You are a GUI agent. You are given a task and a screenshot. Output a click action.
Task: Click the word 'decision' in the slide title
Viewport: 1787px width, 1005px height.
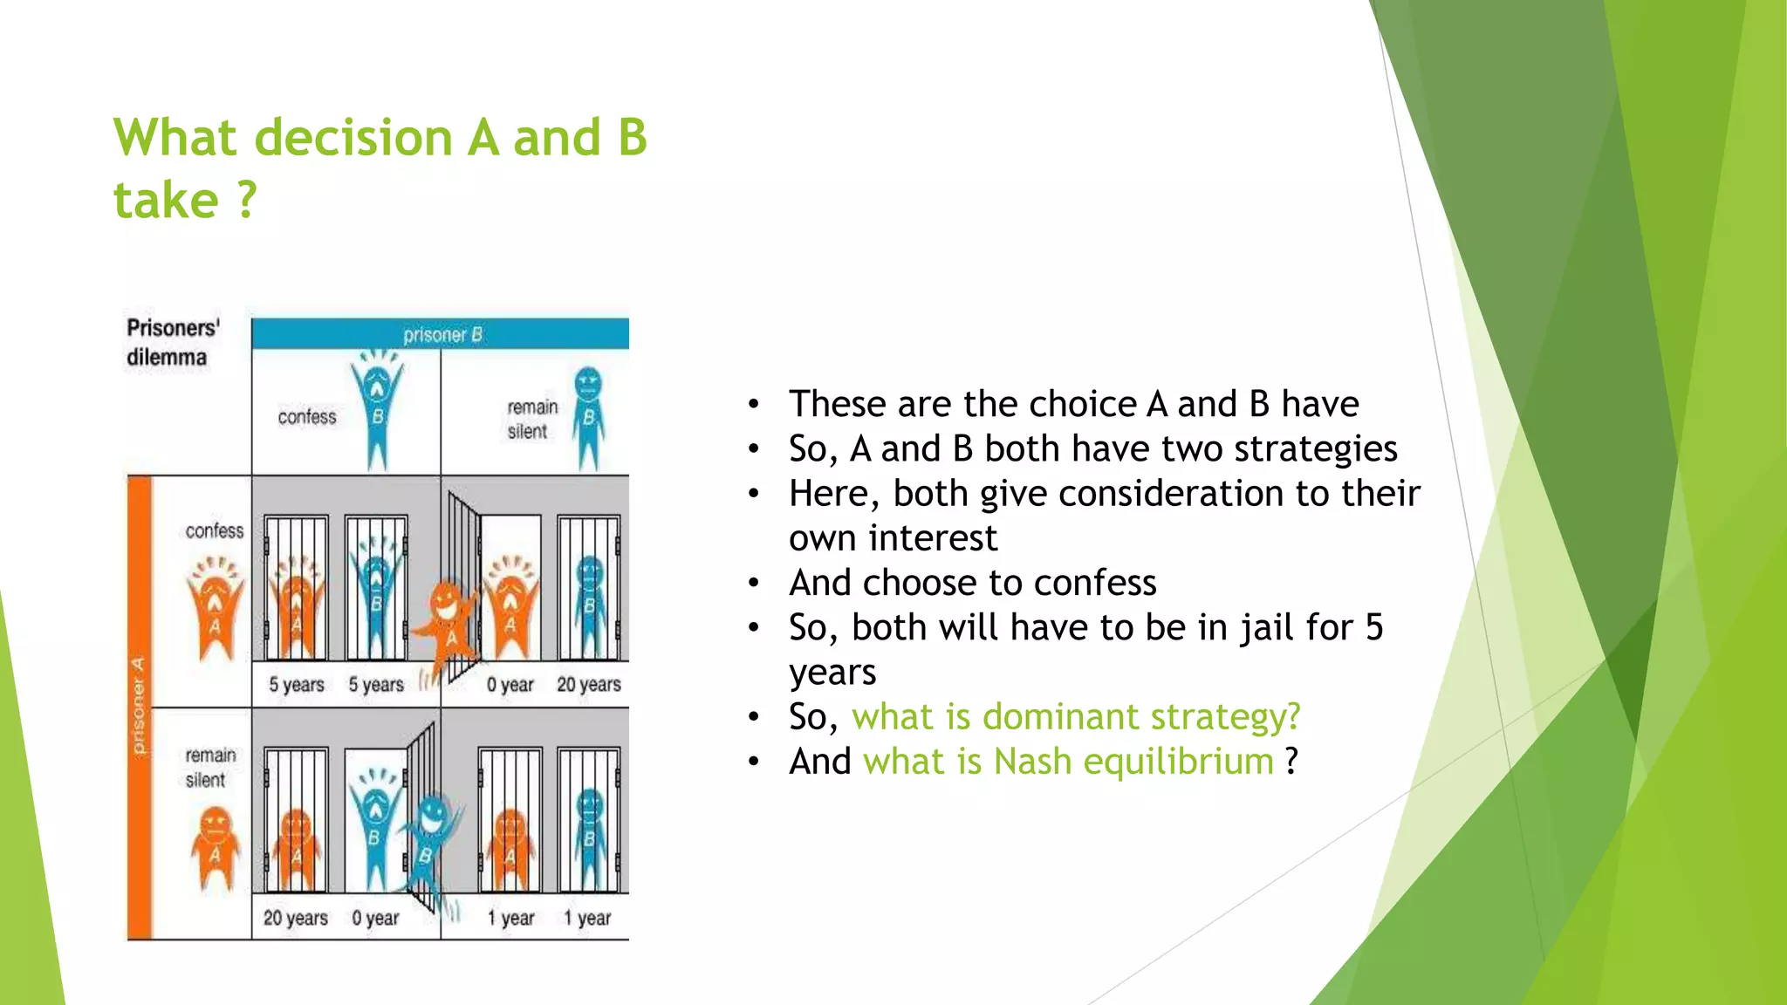click(x=353, y=138)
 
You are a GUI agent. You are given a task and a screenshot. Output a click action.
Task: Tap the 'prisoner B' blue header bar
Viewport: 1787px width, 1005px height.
click(x=441, y=334)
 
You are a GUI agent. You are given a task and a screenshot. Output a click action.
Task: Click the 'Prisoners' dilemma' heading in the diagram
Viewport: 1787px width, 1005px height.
click(x=172, y=342)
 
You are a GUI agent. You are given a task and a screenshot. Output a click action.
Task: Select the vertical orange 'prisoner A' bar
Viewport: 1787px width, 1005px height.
click(x=140, y=707)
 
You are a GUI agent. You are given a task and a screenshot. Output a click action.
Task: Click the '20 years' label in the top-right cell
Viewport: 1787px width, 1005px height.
click(x=588, y=685)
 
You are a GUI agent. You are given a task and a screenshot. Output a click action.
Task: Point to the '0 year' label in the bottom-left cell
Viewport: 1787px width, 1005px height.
click(x=375, y=918)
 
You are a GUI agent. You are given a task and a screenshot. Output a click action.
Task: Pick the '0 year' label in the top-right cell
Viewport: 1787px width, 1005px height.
click(x=510, y=685)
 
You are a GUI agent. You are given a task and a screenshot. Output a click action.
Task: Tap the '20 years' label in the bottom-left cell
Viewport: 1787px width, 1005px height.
click(x=295, y=918)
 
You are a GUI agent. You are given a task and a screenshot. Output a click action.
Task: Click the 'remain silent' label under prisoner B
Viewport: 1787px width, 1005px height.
click(x=531, y=419)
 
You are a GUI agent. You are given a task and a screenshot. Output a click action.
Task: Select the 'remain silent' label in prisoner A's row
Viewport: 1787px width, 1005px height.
click(x=209, y=767)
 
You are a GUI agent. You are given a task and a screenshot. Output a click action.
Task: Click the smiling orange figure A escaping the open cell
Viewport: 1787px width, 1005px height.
click(x=447, y=619)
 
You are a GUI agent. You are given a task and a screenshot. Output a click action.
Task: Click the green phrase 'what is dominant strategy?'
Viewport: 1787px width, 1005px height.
click(x=1075, y=716)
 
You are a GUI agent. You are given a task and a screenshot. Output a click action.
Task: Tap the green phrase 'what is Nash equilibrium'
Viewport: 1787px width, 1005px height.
click(x=1068, y=761)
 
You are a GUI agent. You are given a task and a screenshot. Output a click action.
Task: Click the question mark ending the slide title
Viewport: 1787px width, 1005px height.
click(x=247, y=201)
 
